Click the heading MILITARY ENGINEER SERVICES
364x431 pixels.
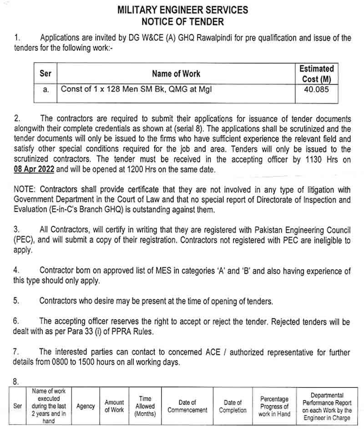point(182,10)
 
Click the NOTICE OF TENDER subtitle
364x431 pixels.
point(182,21)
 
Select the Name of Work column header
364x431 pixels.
point(176,74)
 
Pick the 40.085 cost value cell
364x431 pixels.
point(317,90)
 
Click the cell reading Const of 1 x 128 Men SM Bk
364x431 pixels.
point(136,90)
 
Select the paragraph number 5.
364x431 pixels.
point(16,301)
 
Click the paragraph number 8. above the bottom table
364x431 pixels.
point(16,382)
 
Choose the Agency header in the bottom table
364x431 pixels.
point(86,406)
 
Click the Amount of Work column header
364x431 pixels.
point(114,406)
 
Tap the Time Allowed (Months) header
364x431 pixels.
point(145,406)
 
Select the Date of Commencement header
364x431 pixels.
point(187,406)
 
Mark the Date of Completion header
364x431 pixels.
point(233,406)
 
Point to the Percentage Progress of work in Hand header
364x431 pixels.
point(274,406)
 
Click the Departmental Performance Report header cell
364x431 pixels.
point(327,406)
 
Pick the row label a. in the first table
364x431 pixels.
point(46,90)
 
